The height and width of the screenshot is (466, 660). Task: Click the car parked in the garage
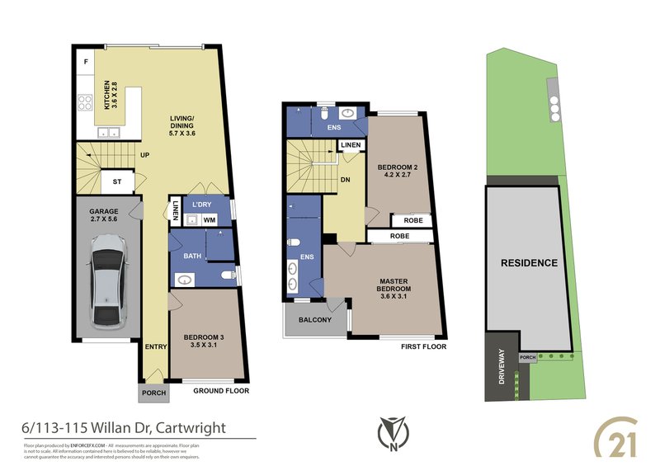pyautogui.click(x=108, y=279)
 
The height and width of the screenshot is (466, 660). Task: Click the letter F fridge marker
pyautogui.click(x=86, y=62)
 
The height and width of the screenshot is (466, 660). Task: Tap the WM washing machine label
pyautogui.click(x=210, y=220)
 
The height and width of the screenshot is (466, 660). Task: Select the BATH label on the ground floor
pyautogui.click(x=192, y=257)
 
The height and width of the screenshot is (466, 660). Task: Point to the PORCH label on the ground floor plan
pyautogui.click(x=154, y=393)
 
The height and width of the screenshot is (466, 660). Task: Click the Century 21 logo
pyautogui.click(x=616, y=431)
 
